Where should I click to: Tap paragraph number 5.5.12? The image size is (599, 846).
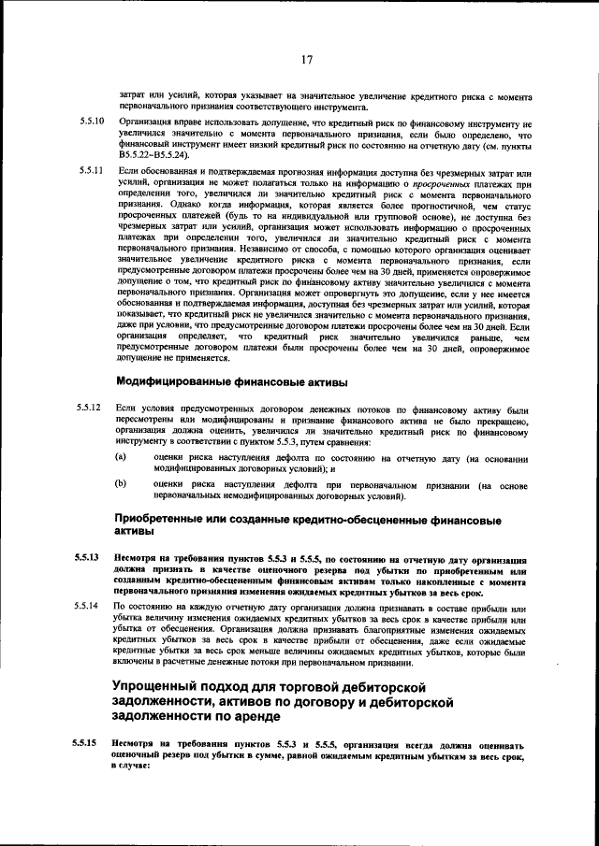pos(91,410)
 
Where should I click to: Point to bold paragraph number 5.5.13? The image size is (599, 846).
pos(90,557)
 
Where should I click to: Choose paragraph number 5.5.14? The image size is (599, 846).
pos(91,607)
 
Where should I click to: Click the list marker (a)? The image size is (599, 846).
pos(121,457)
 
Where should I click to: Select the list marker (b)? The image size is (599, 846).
pos(121,484)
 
